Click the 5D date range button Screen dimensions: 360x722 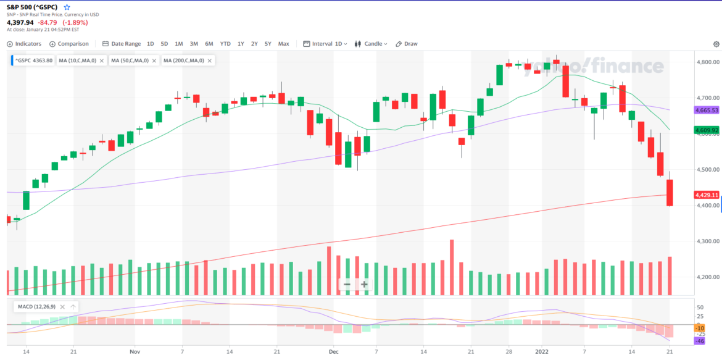coord(164,44)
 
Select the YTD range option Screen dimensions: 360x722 coord(225,44)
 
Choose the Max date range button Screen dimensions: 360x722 coord(283,44)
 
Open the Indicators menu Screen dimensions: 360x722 coord(24,44)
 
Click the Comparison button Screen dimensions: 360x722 coord(69,44)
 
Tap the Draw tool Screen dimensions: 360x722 coord(407,44)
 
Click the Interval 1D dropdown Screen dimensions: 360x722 coord(326,44)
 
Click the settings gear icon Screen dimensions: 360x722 coord(716,44)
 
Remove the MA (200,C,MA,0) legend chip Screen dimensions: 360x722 coord(210,61)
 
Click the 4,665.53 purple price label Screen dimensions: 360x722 coord(707,111)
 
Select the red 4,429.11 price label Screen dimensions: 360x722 coord(707,195)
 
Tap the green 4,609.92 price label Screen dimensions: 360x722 coord(707,130)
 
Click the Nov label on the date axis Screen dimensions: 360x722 coord(135,351)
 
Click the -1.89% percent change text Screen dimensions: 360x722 coord(75,22)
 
